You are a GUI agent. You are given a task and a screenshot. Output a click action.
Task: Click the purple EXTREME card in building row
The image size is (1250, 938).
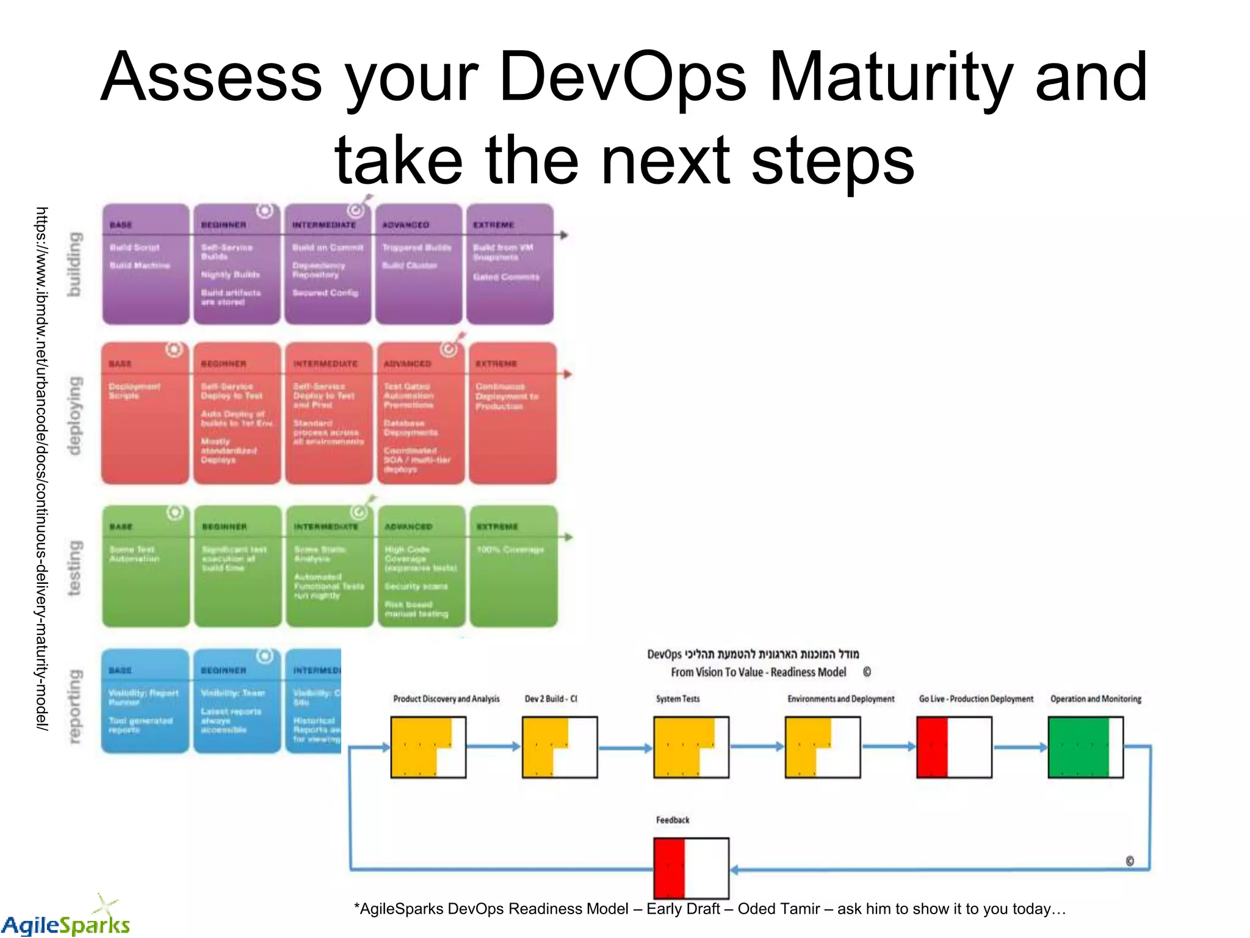click(510, 264)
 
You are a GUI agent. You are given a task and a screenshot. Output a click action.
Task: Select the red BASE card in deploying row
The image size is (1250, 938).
click(145, 413)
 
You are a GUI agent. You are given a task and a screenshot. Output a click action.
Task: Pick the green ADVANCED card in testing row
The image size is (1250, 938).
click(421, 566)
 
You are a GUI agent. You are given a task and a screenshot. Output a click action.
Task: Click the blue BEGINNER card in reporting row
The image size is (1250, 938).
click(237, 701)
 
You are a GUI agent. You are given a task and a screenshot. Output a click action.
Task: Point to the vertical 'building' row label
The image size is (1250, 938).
click(74, 264)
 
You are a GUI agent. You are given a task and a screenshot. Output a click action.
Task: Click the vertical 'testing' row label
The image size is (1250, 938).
click(74, 567)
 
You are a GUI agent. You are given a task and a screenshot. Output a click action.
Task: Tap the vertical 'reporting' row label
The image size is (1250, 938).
click(74, 707)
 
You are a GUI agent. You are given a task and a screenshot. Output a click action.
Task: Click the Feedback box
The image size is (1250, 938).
click(691, 868)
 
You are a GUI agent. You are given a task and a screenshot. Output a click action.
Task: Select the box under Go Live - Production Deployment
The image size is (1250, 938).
click(954, 747)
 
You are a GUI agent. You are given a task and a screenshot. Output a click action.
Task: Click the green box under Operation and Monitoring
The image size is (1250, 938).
click(1085, 747)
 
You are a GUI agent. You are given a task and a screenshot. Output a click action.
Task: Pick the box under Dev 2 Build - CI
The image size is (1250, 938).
click(559, 747)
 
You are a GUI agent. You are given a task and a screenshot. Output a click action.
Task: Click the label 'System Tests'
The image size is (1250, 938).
click(677, 699)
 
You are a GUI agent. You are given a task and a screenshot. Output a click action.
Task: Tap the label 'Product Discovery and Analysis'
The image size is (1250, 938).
click(446, 699)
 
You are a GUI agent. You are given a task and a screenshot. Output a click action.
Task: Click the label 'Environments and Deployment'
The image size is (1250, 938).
click(840, 699)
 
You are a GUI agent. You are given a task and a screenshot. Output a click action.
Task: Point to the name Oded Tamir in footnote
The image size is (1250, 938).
click(778, 909)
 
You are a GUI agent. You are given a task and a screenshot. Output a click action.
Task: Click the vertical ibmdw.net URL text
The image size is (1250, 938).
click(42, 468)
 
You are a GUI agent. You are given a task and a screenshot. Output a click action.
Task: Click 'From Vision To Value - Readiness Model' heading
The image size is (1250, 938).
click(758, 672)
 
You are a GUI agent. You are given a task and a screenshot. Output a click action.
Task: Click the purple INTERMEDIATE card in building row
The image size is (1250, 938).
click(328, 264)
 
